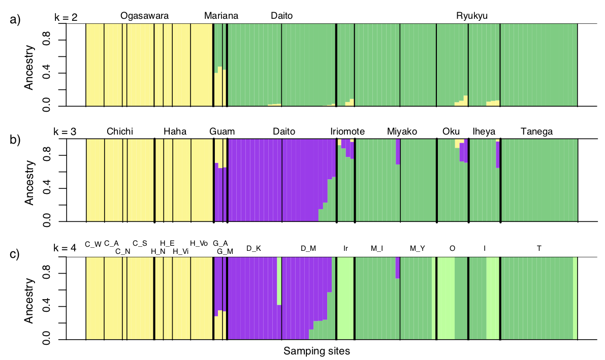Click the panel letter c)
15,254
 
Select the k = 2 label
66,18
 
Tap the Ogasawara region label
144,16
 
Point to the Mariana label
221,16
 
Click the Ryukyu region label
472,16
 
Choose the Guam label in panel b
222,132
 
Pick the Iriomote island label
347,132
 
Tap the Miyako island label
402,132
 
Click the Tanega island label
536,132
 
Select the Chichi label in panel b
120,132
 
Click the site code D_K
253,248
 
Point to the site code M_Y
417,248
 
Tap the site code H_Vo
199,243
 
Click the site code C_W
93,243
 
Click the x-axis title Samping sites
316,351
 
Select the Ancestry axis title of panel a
29,68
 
